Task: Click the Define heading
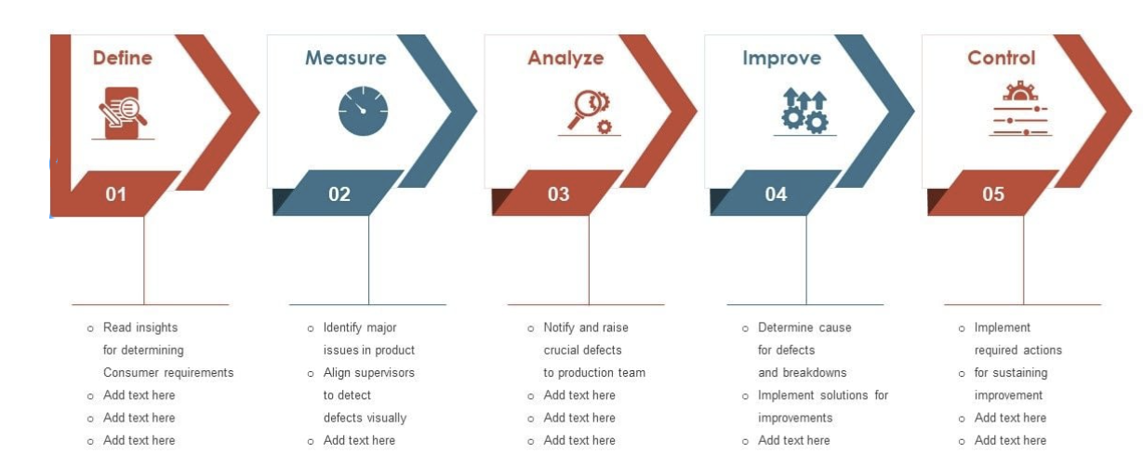coord(123,58)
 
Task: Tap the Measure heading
coord(346,58)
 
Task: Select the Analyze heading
coord(565,59)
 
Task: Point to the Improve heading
coord(782,59)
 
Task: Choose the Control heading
coord(1001,58)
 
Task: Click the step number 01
coord(116,194)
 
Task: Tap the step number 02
coord(339,193)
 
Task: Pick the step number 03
coord(558,193)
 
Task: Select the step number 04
coord(776,193)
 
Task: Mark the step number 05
coord(993,193)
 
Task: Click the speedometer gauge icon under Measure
coord(364,111)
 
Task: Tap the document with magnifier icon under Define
coord(123,113)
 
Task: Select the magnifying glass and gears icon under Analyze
coord(590,113)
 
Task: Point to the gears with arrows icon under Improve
coord(804,112)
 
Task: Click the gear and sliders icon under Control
coord(1020,108)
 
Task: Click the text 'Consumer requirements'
coord(168,373)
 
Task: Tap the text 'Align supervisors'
coord(369,373)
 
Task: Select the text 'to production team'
coord(594,373)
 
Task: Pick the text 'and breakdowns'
coord(802,373)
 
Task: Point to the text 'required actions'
coord(1018,350)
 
